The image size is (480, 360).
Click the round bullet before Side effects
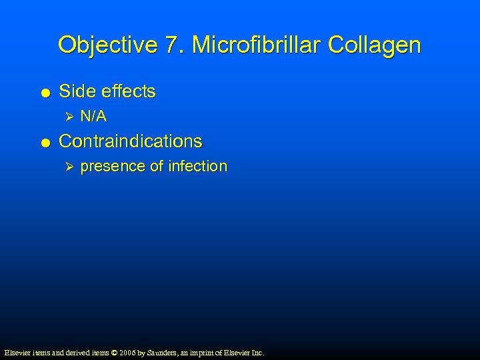pos(43,92)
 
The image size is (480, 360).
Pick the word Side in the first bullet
pos(75,91)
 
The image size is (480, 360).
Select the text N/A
pos(93,117)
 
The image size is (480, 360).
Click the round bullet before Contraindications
pos(43,142)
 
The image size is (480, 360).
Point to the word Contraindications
pos(131,141)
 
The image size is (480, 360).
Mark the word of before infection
pos(158,166)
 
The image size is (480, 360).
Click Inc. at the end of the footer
pos(257,352)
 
